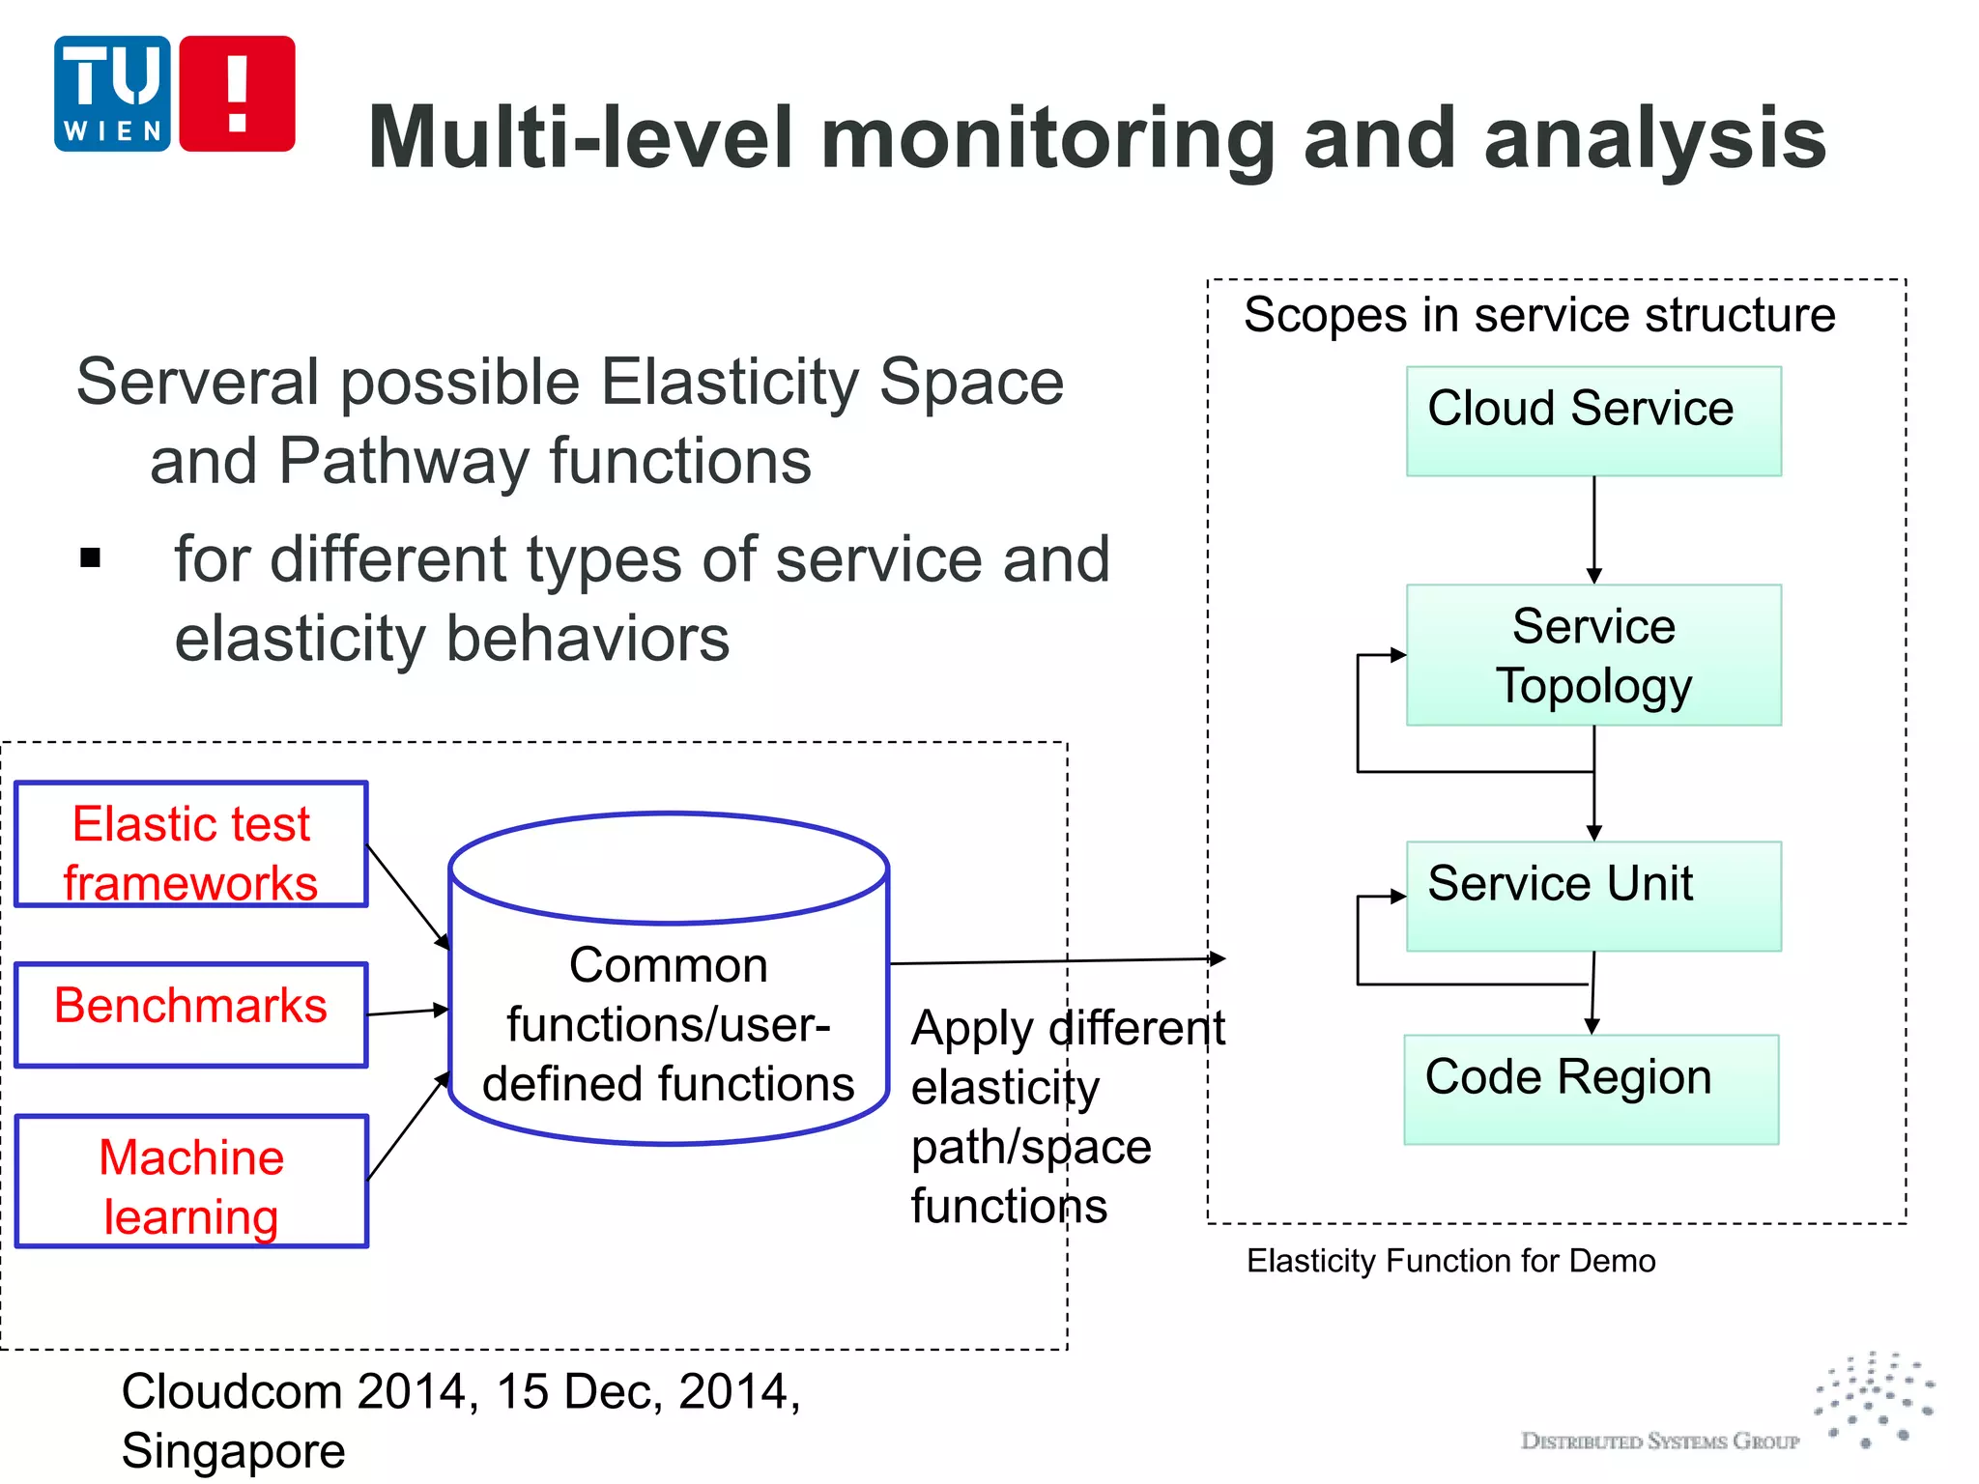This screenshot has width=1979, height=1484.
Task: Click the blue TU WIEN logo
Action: click(112, 94)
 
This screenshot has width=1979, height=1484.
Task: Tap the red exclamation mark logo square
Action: click(237, 94)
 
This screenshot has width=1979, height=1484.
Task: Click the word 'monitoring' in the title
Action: click(1047, 138)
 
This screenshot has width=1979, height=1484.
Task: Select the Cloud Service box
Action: click(1592, 420)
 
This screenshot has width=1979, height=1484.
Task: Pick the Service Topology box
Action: click(1592, 655)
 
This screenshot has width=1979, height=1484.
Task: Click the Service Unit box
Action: click(1592, 896)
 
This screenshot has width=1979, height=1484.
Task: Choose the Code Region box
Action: click(1591, 1089)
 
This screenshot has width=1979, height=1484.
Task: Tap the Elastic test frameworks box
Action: click(191, 844)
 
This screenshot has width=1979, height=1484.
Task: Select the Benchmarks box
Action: click(191, 1014)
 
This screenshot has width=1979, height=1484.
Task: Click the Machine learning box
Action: click(191, 1181)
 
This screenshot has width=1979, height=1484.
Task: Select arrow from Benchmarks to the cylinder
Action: click(408, 1012)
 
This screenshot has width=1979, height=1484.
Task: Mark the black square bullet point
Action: click(91, 557)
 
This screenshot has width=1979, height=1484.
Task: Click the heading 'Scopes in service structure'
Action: click(1538, 315)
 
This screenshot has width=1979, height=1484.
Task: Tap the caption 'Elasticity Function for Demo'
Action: click(1450, 1261)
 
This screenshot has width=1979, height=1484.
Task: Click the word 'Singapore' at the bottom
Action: click(233, 1450)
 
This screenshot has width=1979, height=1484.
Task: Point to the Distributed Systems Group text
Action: click(1659, 1441)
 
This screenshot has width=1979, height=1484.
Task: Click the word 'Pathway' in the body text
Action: click(403, 461)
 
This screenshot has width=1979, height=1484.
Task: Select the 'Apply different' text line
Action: click(1067, 1027)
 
